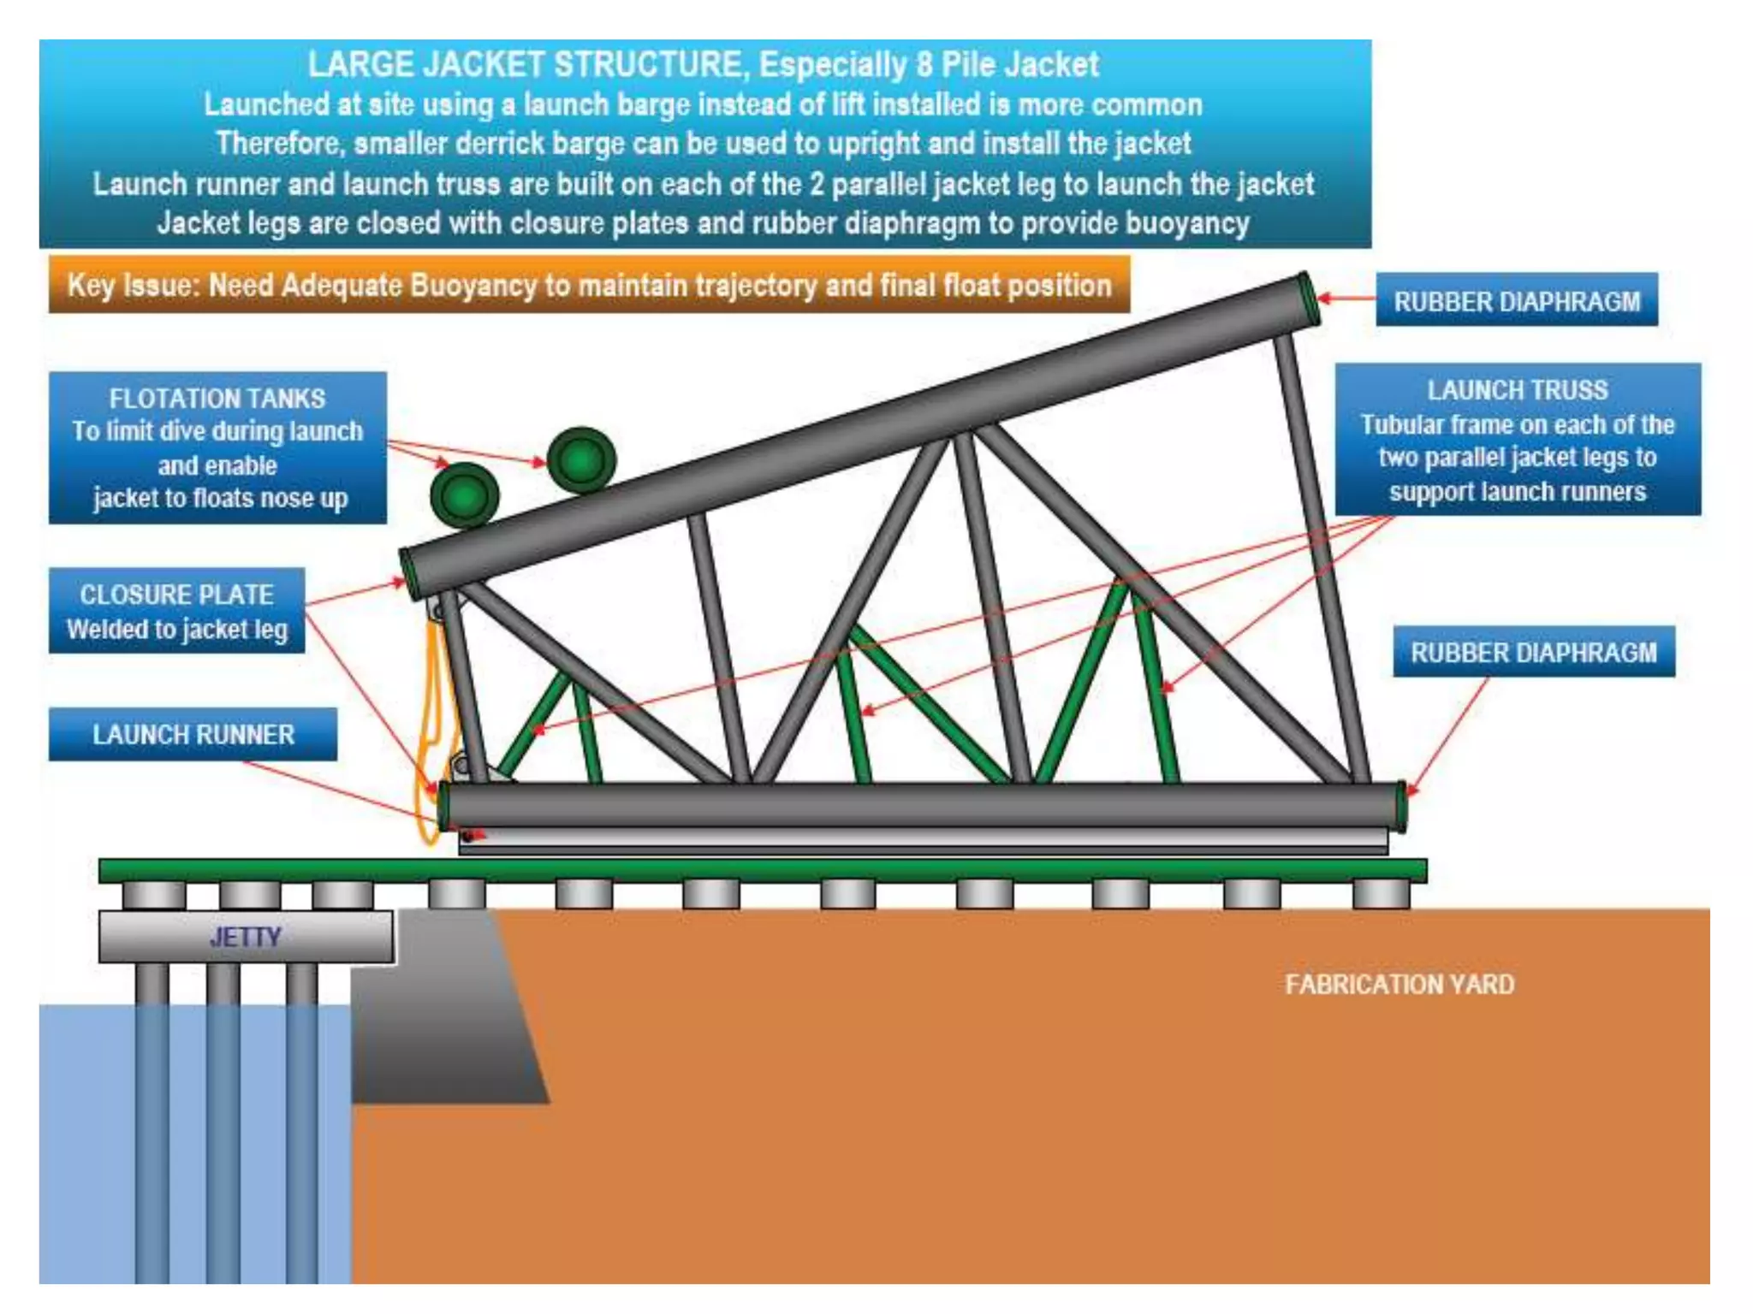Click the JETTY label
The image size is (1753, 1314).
tap(246, 937)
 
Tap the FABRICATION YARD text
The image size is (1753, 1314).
tap(1399, 985)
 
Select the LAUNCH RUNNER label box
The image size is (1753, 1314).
tap(193, 734)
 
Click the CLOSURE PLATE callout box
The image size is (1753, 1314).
tap(176, 611)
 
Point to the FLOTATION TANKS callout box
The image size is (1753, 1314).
tap(217, 447)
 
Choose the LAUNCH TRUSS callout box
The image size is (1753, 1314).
tap(1517, 440)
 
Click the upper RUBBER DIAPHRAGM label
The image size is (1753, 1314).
tap(1516, 300)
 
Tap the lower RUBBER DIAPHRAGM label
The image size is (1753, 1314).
tap(1533, 652)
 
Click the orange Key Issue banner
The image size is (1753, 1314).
tap(589, 285)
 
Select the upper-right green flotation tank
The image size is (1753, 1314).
tap(581, 459)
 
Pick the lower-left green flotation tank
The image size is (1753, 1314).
tap(464, 496)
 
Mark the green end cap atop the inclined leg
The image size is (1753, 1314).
tap(1307, 298)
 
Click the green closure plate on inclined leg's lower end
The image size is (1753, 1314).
tap(408, 572)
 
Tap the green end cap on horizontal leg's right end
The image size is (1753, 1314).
tap(1400, 806)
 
